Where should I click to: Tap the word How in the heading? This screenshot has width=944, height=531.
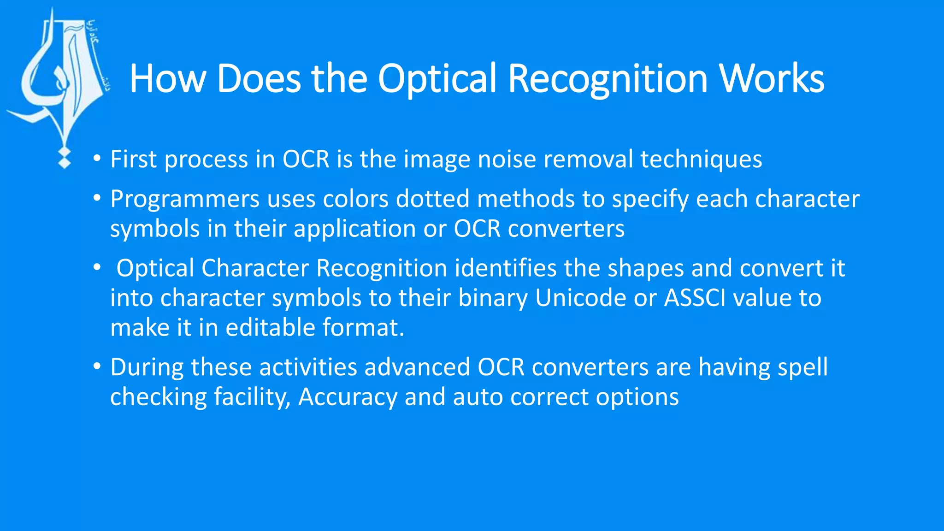pos(167,79)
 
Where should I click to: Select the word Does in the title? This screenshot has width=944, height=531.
pos(259,79)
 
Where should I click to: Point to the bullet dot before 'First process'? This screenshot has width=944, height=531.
pos(97,159)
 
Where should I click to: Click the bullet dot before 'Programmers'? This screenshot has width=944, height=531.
pos(97,199)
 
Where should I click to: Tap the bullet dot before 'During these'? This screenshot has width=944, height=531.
pos(97,367)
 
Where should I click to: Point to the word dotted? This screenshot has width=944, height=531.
pos(432,199)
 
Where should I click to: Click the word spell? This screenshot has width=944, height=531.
pos(802,368)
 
